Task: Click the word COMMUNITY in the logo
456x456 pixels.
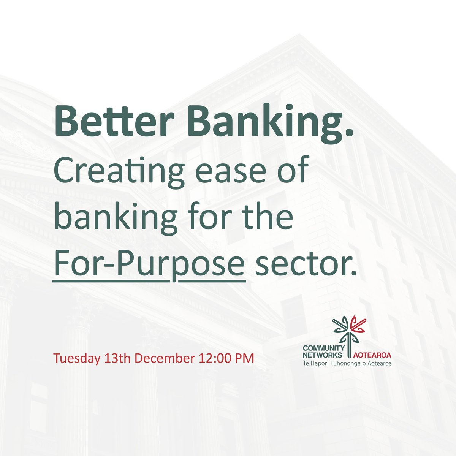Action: (x=323, y=348)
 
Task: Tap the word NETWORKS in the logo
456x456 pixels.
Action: (x=323, y=355)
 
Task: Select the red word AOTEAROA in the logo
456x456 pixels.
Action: (x=372, y=355)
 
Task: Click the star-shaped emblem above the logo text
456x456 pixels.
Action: (x=348, y=329)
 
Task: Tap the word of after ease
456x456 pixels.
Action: (x=294, y=172)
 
